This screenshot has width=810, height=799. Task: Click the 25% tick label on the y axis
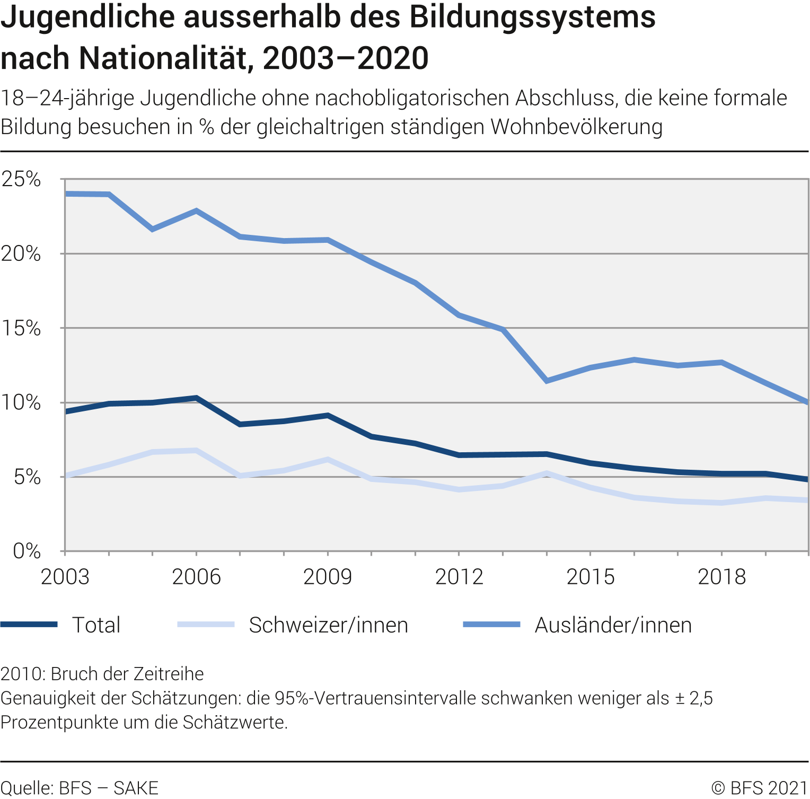click(21, 179)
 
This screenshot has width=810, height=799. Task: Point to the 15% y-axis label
click(21, 328)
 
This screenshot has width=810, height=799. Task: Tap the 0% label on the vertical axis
click(27, 551)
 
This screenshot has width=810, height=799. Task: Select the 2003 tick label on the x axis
click(65, 577)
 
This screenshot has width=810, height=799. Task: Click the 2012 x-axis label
click(459, 577)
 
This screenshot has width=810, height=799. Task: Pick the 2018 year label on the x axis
click(721, 577)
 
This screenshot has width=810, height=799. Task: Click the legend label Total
click(96, 625)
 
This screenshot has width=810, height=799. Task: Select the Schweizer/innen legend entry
click(328, 625)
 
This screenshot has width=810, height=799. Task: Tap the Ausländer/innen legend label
click(613, 625)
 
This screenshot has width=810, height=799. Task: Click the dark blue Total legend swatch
click(29, 625)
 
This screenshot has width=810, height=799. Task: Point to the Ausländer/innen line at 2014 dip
click(547, 380)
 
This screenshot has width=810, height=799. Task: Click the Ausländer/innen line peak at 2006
click(196, 211)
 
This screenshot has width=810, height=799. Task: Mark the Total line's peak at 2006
click(196, 398)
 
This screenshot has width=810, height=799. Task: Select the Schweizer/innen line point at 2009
click(328, 460)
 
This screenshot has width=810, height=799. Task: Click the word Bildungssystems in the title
click(532, 17)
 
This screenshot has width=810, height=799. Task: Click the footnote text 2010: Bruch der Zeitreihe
click(102, 674)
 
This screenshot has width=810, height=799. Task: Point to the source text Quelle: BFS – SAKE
click(80, 788)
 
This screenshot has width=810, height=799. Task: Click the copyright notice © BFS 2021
click(759, 788)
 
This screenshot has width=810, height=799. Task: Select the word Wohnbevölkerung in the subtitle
click(576, 127)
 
